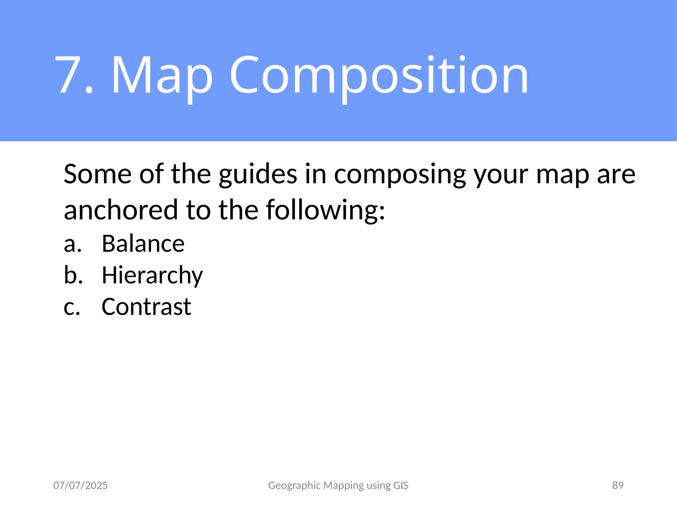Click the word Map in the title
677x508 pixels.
tap(162, 76)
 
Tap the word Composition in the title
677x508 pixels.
tap(379, 76)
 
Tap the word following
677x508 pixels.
tap(326, 210)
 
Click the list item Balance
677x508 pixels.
tap(143, 244)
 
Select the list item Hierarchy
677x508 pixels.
tap(152, 276)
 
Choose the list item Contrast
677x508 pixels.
tap(146, 307)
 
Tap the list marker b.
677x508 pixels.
tap(73, 275)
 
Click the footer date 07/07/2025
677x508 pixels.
tap(80, 485)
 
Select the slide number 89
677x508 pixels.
tap(617, 485)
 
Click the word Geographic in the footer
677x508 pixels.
tap(294, 486)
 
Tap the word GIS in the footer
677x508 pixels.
tap(401, 485)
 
